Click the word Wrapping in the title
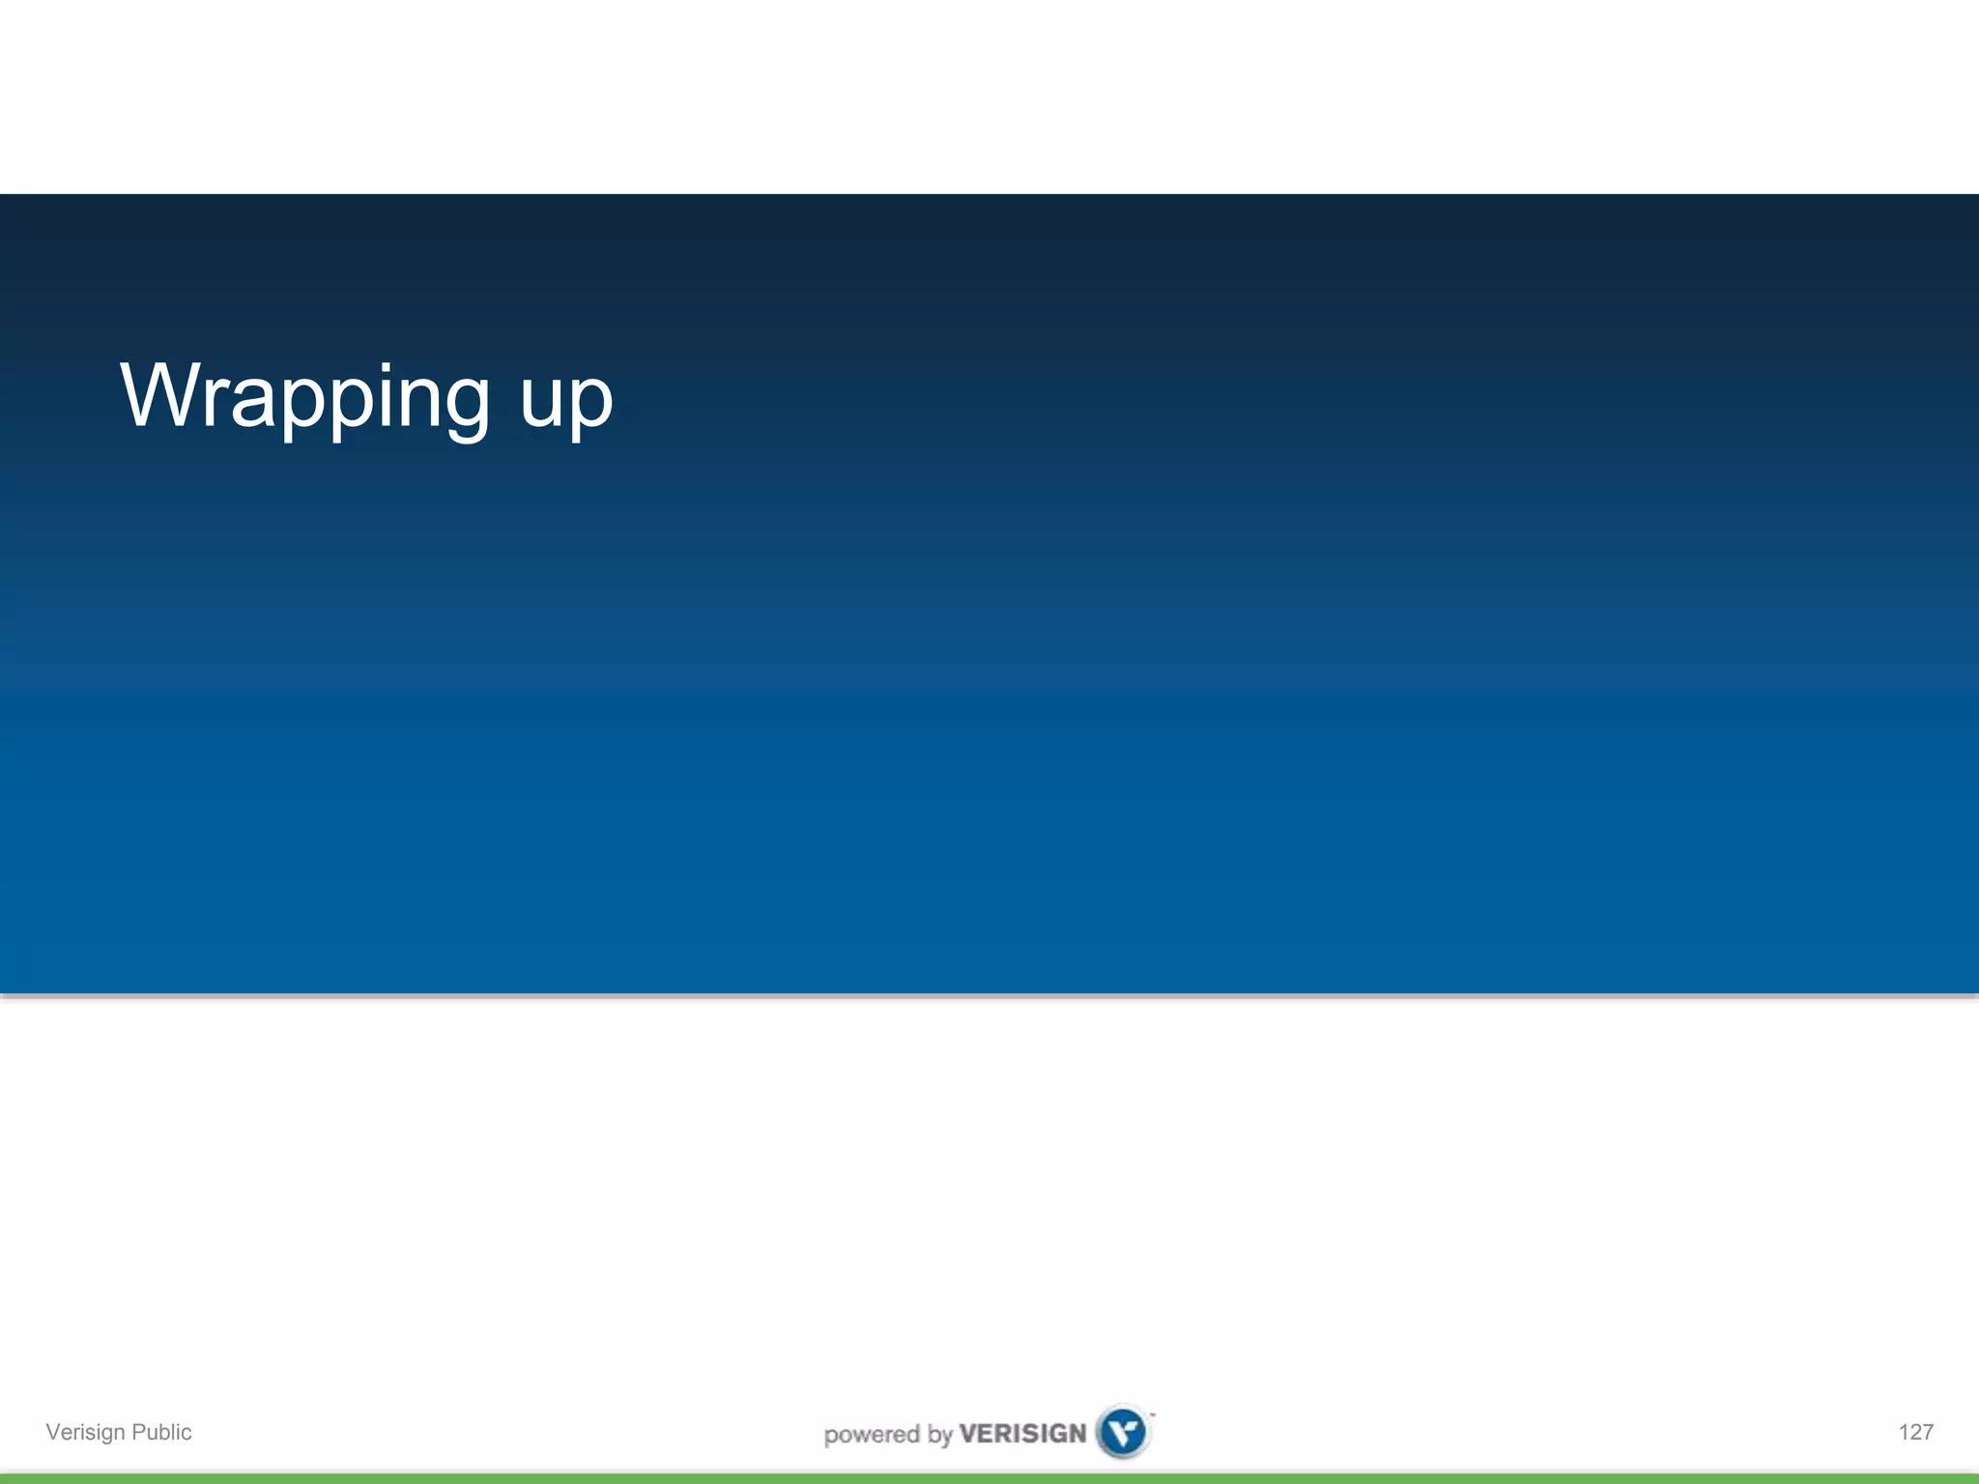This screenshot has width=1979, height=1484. tap(304, 396)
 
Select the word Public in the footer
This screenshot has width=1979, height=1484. tap(161, 1432)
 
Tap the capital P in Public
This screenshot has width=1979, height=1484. tap(139, 1432)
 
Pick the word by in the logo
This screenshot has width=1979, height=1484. tap(940, 1436)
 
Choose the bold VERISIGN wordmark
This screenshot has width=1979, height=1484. tap(1022, 1434)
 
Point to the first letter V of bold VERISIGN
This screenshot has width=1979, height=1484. tap(967, 1434)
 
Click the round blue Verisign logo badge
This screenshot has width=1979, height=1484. tap(1123, 1432)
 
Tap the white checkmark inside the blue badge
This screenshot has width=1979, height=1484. tap(1123, 1432)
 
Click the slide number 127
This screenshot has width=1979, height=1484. tap(1915, 1432)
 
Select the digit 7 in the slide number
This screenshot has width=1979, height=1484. tap(1927, 1432)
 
